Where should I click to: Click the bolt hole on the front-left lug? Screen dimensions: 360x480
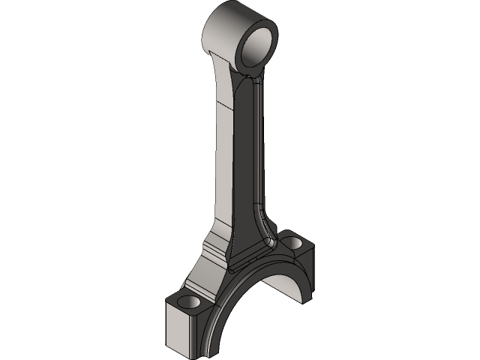click(188, 301)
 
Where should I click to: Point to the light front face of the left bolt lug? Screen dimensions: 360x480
click(181, 330)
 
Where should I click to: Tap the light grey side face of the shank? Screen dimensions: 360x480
click(223, 150)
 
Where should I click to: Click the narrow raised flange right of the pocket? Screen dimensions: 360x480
click(260, 150)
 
